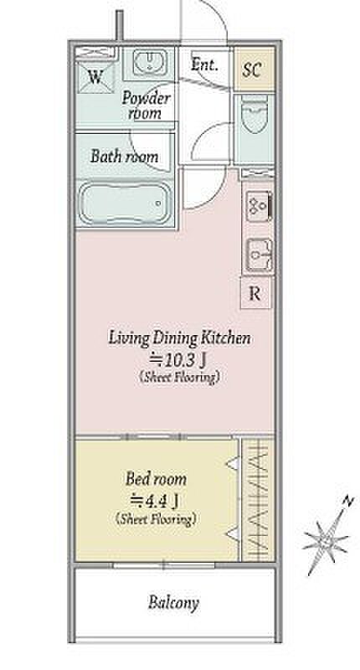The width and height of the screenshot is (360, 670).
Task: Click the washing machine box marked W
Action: [x=95, y=76]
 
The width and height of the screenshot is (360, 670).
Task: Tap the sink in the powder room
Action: [x=149, y=62]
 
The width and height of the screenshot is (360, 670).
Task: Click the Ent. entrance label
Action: [x=204, y=64]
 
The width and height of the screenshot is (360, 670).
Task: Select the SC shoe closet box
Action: [x=254, y=70]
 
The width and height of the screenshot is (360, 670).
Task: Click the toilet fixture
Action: [x=254, y=114]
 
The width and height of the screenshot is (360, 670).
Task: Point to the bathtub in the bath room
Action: [x=125, y=204]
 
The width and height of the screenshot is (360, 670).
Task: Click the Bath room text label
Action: [x=124, y=157]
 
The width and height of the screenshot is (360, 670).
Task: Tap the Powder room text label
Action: [x=146, y=106]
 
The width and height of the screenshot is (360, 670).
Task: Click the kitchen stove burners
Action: [x=259, y=206]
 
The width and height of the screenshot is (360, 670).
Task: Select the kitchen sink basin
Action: [x=259, y=256]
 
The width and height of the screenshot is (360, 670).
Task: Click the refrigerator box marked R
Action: [x=255, y=293]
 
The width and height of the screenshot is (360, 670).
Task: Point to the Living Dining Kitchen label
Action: [x=179, y=338]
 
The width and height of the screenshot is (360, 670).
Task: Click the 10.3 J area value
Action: [x=178, y=362]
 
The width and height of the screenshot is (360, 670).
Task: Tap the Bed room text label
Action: [x=156, y=479]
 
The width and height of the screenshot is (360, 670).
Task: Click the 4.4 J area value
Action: [x=154, y=500]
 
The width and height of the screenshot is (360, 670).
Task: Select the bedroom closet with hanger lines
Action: [x=258, y=499]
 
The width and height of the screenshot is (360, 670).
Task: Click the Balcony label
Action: [x=173, y=603]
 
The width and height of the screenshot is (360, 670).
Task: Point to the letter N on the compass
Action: [x=349, y=501]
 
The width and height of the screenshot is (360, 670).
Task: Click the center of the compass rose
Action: [x=327, y=539]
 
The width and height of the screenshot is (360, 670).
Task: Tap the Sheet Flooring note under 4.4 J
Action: [x=156, y=519]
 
